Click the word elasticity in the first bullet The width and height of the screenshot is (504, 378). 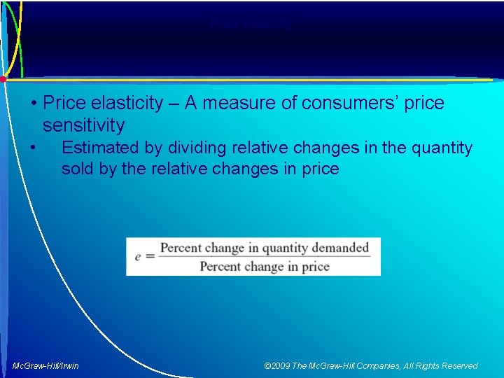coord(122,104)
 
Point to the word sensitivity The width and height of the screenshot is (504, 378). coord(83,126)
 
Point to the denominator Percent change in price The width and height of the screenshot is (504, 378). coord(264,267)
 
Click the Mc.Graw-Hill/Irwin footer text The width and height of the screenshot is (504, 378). coord(46,366)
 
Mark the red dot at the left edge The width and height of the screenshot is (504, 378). coord(3,79)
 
